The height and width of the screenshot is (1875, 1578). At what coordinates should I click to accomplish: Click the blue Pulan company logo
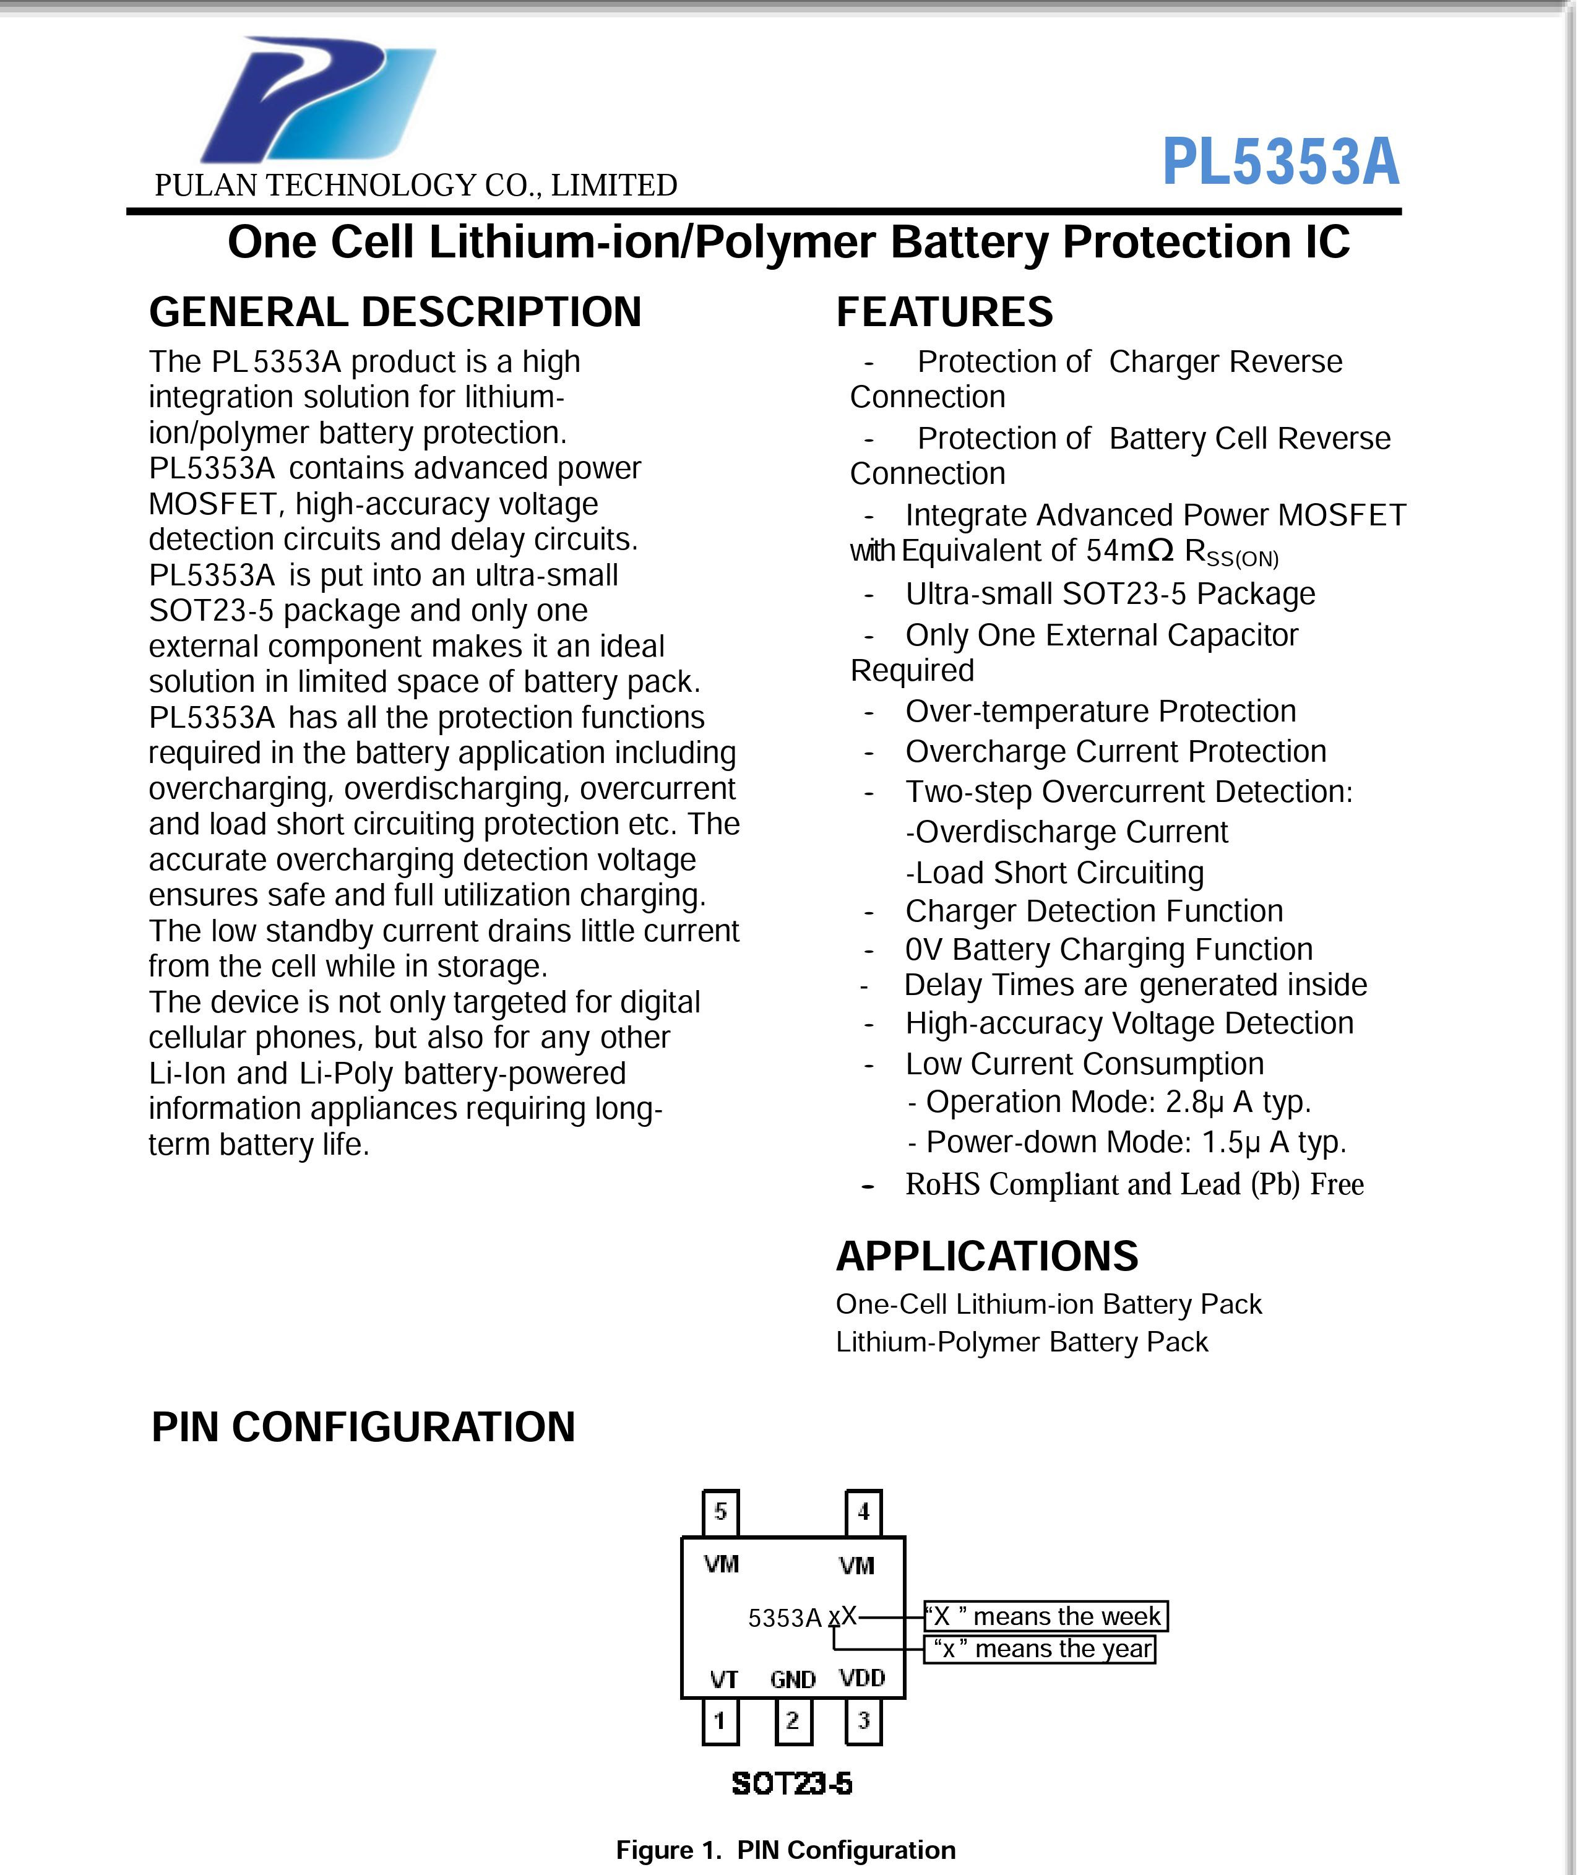[317, 100]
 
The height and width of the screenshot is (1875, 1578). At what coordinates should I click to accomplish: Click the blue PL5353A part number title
[1280, 163]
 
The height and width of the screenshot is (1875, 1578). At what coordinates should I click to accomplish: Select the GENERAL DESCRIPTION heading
[395, 312]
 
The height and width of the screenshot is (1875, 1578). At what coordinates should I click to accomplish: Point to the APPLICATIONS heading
[986, 1256]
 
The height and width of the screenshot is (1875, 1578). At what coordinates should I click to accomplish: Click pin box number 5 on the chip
[720, 1512]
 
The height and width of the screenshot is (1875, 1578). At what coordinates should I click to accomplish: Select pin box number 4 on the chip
[863, 1512]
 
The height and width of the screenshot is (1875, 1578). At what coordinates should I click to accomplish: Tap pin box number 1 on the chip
[720, 1720]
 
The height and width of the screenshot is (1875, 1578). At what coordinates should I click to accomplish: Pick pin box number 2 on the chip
[793, 1720]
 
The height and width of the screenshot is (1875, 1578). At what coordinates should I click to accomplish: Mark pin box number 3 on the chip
[863, 1720]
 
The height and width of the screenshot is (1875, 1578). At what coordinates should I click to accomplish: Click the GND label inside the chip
[793, 1679]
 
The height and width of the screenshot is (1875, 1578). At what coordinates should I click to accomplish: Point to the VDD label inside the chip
[861, 1678]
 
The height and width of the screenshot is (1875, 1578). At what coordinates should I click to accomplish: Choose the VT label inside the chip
[723, 1679]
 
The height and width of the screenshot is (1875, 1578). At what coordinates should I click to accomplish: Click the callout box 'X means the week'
[1046, 1616]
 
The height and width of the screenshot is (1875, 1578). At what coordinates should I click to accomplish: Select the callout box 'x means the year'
[1040, 1648]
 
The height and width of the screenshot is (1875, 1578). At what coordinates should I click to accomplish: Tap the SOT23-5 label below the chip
[791, 1784]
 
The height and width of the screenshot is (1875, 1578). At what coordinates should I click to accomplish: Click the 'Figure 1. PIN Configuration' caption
[785, 1850]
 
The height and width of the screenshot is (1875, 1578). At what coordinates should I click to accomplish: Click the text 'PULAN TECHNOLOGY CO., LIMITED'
[416, 185]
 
